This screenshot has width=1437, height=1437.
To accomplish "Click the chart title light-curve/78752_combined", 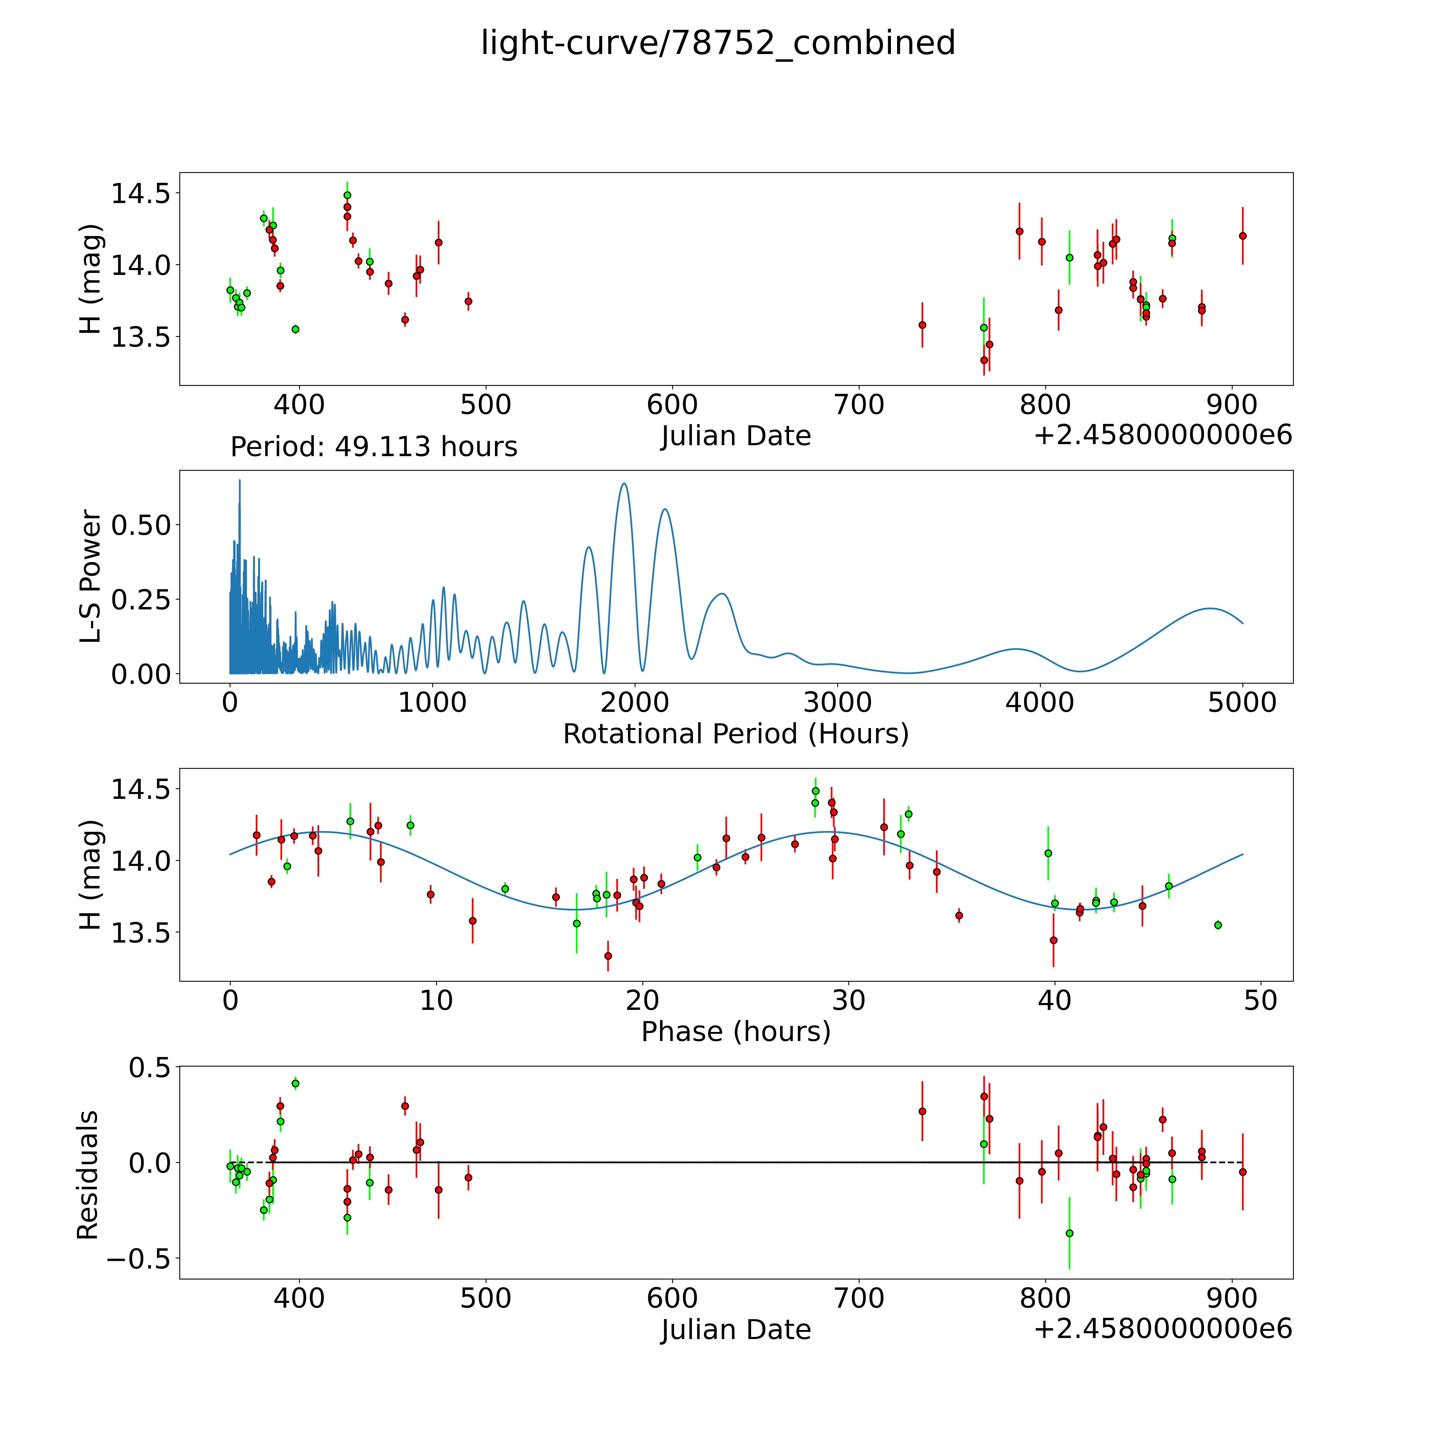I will [718, 43].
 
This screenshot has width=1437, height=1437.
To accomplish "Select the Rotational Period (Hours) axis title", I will [736, 734].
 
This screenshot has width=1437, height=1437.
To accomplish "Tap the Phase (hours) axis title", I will [736, 1032].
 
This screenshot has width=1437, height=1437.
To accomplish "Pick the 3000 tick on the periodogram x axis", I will [837, 703].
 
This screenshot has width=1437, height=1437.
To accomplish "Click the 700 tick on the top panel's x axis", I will [859, 405].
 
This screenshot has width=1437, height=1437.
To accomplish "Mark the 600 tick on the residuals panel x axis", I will [672, 1299].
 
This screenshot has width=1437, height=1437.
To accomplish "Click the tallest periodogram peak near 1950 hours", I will [624, 484].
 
